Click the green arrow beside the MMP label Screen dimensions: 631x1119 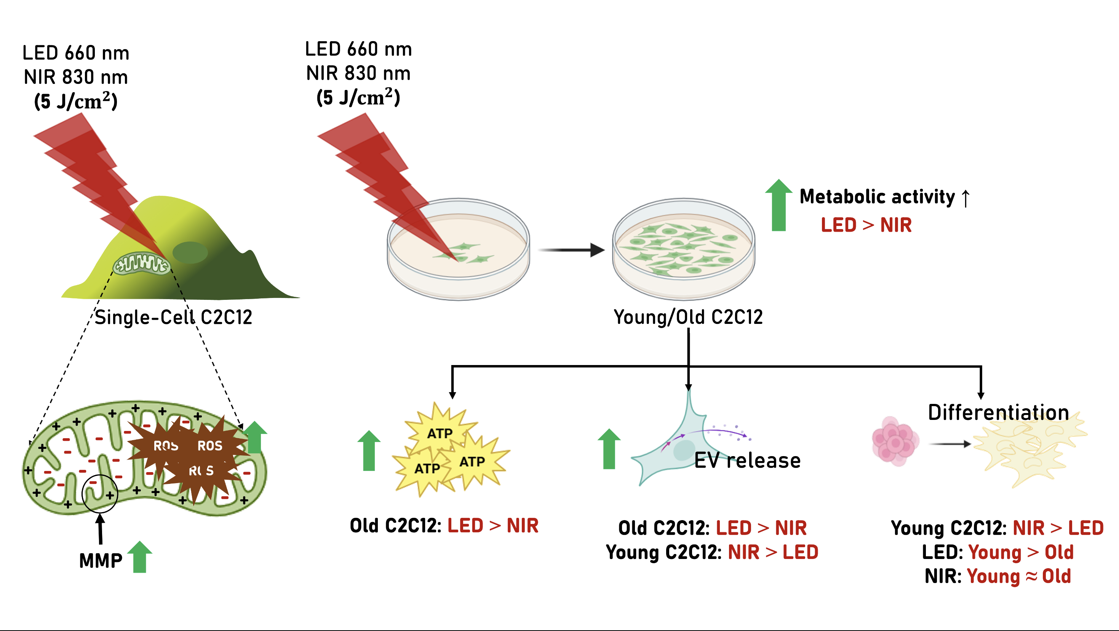139,557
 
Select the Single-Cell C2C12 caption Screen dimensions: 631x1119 173,317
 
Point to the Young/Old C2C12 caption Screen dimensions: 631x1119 688,317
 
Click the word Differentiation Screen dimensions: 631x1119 998,412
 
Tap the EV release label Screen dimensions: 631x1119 747,460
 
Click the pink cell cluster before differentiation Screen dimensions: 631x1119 895,442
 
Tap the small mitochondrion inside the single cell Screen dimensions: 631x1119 141,263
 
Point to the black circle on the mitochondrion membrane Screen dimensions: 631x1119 100,494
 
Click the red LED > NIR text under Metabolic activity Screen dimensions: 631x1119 866,225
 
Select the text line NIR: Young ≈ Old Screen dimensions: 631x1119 998,576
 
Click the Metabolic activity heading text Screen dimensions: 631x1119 878,197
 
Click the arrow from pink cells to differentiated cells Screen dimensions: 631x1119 950,444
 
